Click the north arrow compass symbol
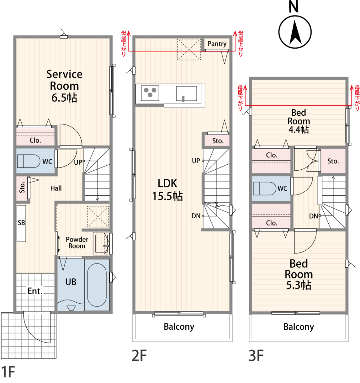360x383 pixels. pyautogui.click(x=295, y=32)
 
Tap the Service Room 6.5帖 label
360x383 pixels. pyautogui.click(x=64, y=86)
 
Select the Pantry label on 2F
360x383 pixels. pyautogui.click(x=217, y=44)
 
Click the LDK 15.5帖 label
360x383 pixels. pyautogui.click(x=167, y=190)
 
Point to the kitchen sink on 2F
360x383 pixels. pyautogui.click(x=186, y=94)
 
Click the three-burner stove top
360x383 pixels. pyautogui.click(x=150, y=93)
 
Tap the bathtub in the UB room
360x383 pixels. pyautogui.click(x=97, y=285)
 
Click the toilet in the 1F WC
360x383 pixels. pyautogui.click(x=28, y=161)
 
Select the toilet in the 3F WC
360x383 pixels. pyautogui.click(x=265, y=188)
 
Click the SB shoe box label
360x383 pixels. pyautogui.click(x=21, y=223)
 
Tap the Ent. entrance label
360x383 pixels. pyautogui.click(x=35, y=291)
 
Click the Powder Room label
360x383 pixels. pyautogui.click(x=77, y=242)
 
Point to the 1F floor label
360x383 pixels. pyautogui.click(x=8, y=372)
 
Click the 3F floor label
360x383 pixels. pyautogui.click(x=256, y=356)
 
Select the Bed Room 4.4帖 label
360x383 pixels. pyautogui.click(x=298, y=121)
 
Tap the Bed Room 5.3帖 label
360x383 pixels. pyautogui.click(x=298, y=274)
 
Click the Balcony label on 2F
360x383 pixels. pyautogui.click(x=179, y=326)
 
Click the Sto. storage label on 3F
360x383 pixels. pyautogui.click(x=333, y=161)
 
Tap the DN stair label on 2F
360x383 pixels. pyautogui.click(x=196, y=216)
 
